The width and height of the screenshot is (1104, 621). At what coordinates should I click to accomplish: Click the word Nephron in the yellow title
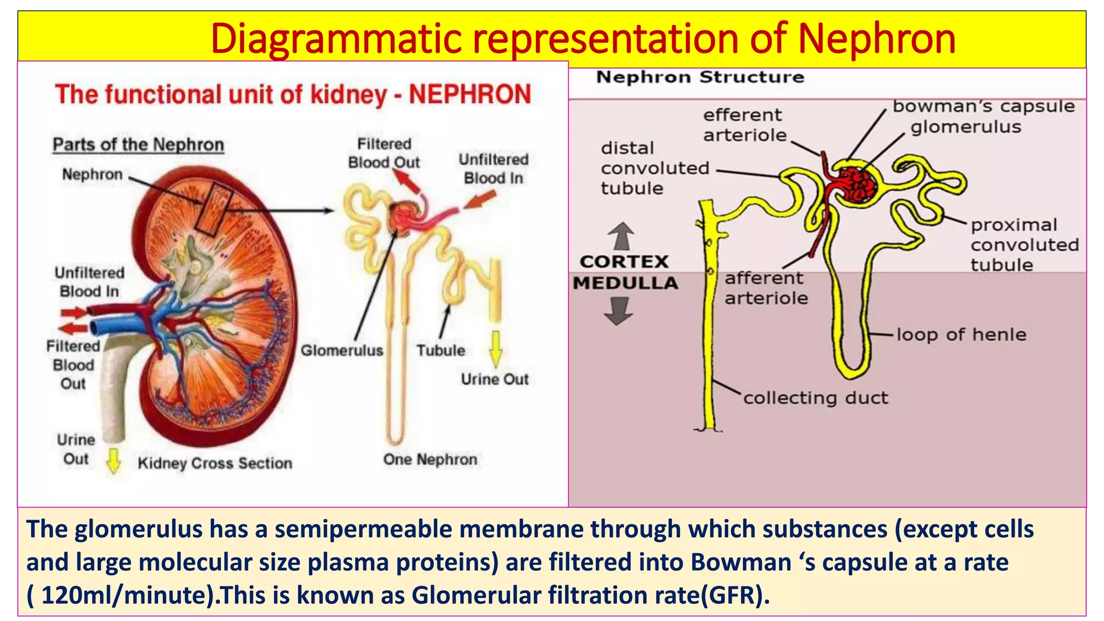pyautogui.click(x=877, y=39)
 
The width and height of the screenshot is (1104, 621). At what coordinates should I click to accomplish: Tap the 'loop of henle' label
pyautogui.click(x=961, y=335)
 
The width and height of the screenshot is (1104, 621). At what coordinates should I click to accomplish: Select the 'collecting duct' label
pyautogui.click(x=816, y=398)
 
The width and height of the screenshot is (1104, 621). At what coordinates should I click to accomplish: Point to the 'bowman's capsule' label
pyautogui.click(x=984, y=107)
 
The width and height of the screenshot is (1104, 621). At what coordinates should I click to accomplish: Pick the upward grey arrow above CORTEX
pyautogui.click(x=621, y=236)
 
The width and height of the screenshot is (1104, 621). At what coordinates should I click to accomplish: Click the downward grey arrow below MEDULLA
pyautogui.click(x=618, y=311)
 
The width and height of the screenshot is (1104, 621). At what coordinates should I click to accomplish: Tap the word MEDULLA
pyautogui.click(x=625, y=282)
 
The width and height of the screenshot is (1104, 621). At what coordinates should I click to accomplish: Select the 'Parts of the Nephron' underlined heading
pyautogui.click(x=139, y=145)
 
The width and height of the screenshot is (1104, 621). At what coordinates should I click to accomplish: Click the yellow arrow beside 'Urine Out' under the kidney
pyautogui.click(x=113, y=460)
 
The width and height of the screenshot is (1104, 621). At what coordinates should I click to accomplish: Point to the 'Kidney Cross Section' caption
pyautogui.click(x=215, y=463)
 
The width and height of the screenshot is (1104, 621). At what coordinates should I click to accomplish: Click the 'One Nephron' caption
pyautogui.click(x=430, y=459)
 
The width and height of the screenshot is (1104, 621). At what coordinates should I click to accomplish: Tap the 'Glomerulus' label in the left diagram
pyautogui.click(x=342, y=350)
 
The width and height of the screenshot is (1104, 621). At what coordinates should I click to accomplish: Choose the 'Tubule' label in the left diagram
pyautogui.click(x=440, y=350)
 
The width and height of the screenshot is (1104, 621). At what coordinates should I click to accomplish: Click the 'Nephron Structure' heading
pyautogui.click(x=700, y=77)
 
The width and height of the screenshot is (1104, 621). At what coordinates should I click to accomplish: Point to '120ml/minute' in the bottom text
pyautogui.click(x=127, y=595)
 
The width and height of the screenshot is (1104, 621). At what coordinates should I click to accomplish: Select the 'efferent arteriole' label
pyautogui.click(x=744, y=125)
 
